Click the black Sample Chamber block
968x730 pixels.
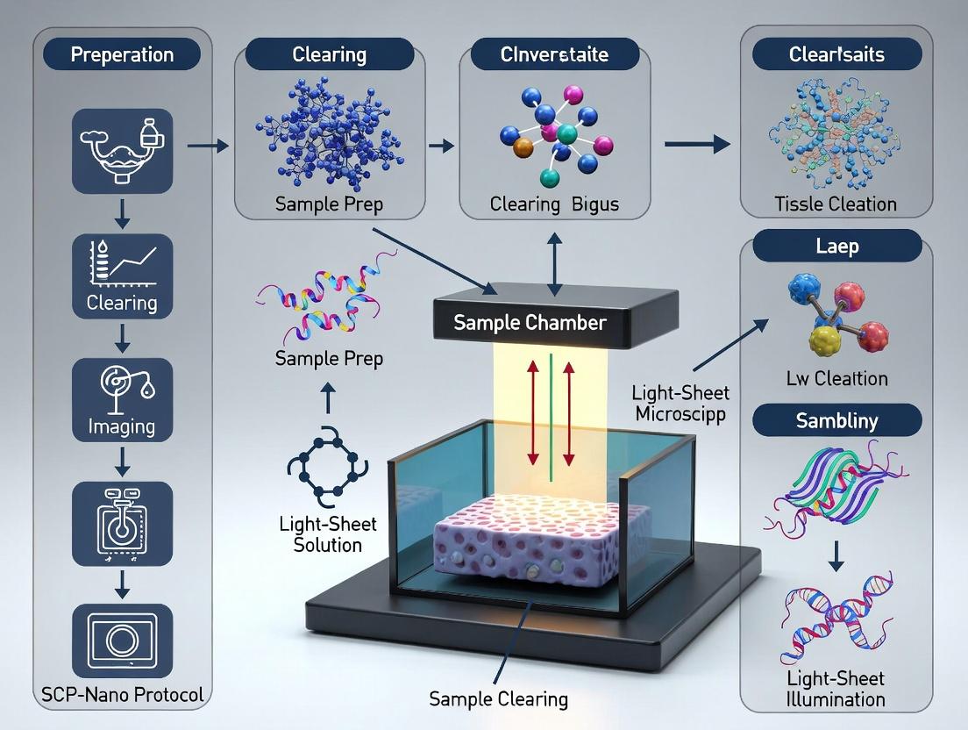530,323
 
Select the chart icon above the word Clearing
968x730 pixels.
122,263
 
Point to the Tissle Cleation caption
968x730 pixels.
836,204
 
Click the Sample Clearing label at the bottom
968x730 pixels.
498,699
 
